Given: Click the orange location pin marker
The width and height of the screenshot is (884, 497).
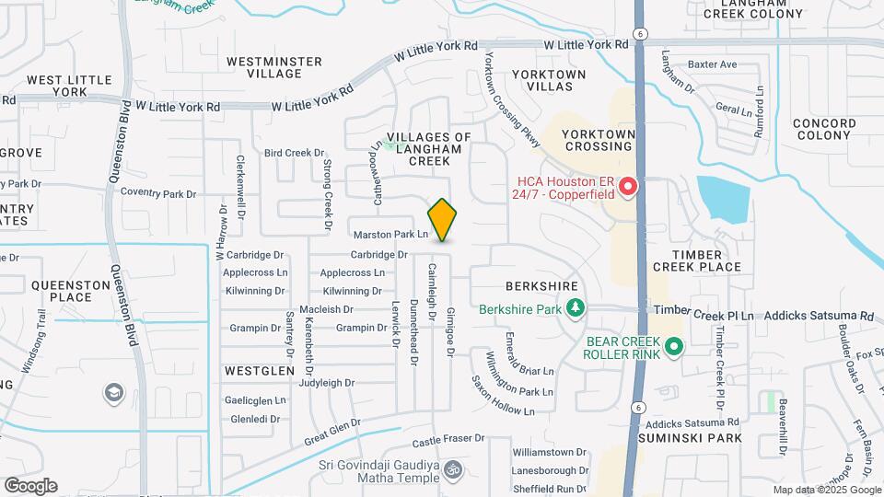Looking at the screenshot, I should click(442, 219).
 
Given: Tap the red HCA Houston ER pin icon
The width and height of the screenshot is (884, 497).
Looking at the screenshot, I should click(629, 188).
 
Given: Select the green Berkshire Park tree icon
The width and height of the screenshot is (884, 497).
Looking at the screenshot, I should click(576, 306).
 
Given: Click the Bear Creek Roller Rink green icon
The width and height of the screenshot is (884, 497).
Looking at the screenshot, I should click(674, 347).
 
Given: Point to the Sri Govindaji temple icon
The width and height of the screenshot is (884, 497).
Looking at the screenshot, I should click(451, 470).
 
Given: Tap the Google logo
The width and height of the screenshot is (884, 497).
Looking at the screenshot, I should click(30, 486).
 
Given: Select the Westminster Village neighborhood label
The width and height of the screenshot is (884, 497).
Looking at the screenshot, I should click(273, 67).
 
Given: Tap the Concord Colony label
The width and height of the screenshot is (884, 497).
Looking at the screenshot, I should click(823, 129).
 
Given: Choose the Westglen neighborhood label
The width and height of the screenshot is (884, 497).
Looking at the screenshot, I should click(259, 370).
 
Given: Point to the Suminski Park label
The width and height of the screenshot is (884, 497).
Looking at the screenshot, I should click(694, 438).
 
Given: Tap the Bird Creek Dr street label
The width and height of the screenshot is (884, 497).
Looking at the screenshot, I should click(295, 153).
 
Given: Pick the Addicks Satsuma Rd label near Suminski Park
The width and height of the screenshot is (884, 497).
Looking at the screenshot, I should click(692, 423).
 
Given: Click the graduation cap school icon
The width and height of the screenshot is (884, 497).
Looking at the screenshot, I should click(114, 393).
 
